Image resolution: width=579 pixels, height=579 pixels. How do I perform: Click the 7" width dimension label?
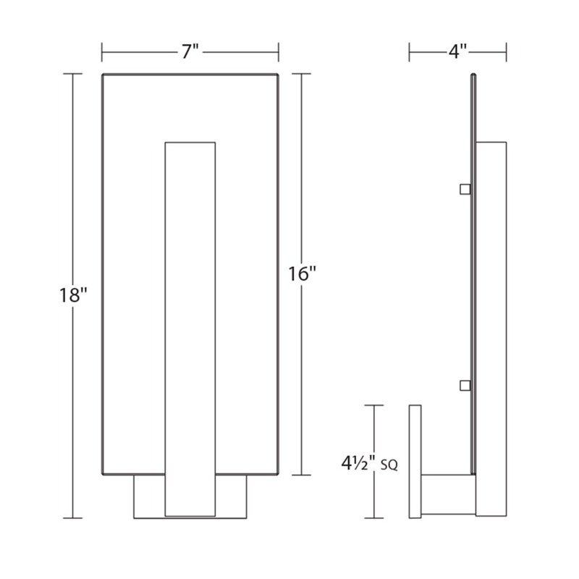(190, 51)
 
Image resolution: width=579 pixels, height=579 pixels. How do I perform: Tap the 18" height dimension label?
(73, 295)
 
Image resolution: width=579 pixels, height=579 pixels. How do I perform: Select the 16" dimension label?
(302, 274)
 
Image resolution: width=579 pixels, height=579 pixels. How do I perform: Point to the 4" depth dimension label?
(458, 51)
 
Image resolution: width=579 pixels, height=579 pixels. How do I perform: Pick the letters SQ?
(389, 466)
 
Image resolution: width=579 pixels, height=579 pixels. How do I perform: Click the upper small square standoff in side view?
(465, 189)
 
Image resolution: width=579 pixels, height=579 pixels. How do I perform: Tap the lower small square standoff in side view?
(465, 386)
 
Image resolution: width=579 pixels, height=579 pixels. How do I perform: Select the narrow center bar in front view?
(190, 329)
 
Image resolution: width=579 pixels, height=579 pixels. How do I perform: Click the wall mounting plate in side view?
(415, 462)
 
